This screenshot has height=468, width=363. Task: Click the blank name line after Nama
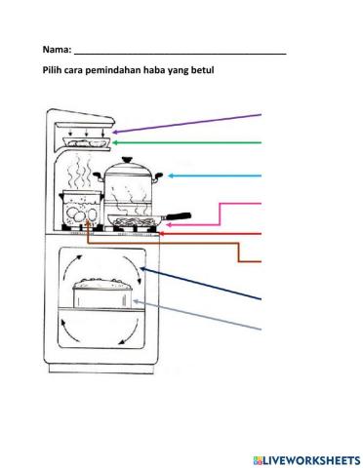(x=180, y=51)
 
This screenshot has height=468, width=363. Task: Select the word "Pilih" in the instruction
(x=54, y=70)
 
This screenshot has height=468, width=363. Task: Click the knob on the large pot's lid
(x=126, y=159)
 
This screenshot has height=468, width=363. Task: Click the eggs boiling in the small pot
(x=80, y=212)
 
